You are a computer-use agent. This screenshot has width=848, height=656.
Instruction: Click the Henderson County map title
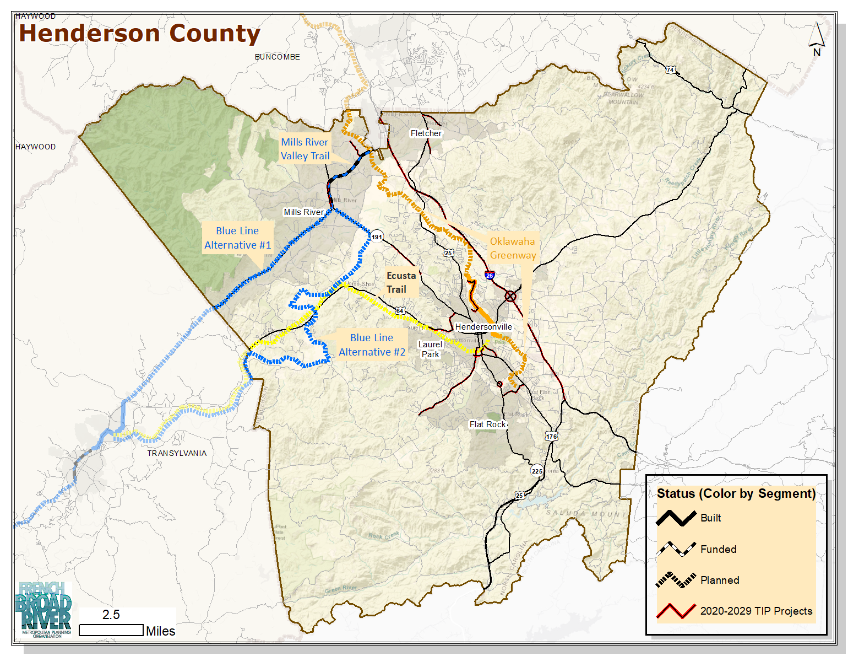(x=139, y=33)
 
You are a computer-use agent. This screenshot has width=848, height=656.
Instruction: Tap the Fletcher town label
(x=426, y=133)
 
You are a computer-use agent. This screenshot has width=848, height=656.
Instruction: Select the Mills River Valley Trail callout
(x=305, y=149)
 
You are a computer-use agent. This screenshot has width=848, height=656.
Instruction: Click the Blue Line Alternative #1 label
(x=237, y=238)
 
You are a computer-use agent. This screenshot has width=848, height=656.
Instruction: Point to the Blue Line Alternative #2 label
(x=372, y=345)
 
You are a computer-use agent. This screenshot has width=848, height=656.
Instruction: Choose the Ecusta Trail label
(x=401, y=282)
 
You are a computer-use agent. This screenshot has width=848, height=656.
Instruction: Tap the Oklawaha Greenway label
(x=513, y=248)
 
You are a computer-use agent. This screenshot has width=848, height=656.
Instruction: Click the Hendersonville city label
(x=483, y=327)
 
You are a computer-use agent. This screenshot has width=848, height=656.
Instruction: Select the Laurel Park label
(x=430, y=349)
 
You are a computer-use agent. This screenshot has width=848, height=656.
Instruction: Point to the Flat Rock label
(x=487, y=424)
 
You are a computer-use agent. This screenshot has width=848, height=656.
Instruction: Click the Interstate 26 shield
(x=490, y=275)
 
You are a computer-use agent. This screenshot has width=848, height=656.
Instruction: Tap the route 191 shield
(x=377, y=237)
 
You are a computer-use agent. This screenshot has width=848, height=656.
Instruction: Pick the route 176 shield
(x=551, y=436)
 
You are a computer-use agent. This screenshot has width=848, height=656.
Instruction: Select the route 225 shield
(x=537, y=471)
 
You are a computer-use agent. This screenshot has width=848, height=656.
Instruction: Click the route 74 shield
(x=670, y=70)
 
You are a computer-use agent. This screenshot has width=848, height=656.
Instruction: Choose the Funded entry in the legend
(x=718, y=549)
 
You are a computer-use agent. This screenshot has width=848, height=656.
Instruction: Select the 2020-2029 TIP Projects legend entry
(x=755, y=611)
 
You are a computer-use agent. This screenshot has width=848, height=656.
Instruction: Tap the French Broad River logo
(x=46, y=609)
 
